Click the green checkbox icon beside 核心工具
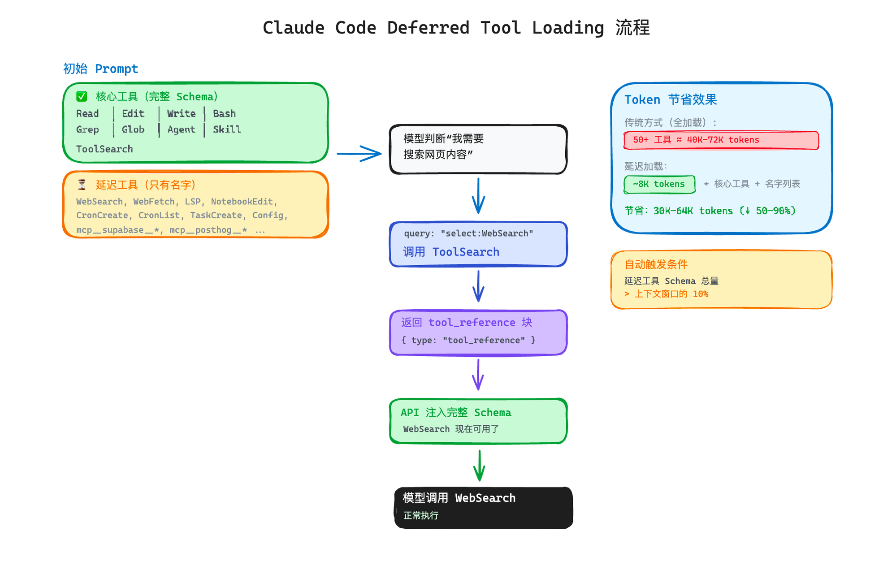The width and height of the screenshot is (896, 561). coord(82,96)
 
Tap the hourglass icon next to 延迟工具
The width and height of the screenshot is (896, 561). coord(82,185)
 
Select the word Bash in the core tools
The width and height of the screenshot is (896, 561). coord(224,114)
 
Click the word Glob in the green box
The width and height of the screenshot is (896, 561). coord(133,129)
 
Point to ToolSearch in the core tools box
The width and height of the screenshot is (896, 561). coord(104,149)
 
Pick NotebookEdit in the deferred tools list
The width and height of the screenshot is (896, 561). coord(242,202)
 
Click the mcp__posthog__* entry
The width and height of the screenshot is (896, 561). coord(208,230)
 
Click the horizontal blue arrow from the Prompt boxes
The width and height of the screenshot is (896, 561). coord(359,154)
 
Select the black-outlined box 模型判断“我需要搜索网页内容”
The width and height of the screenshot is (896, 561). coord(478,150)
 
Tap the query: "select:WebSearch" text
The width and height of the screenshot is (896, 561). coord(468,233)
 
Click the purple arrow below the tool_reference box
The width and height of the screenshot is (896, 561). coord(478,375)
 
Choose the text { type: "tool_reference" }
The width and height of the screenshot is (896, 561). coord(468,340)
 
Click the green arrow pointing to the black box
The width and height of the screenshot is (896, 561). coord(479,466)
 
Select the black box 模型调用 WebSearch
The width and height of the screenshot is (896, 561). coord(483,508)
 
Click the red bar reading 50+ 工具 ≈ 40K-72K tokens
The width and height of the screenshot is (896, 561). coord(721,140)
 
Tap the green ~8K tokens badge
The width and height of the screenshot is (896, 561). coord(659,184)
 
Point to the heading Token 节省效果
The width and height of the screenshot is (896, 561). coord(671,99)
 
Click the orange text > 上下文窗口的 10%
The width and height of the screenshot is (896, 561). coord(667,294)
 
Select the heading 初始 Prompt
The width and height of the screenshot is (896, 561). coord(100,69)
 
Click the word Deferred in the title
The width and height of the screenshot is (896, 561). coord(428,28)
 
